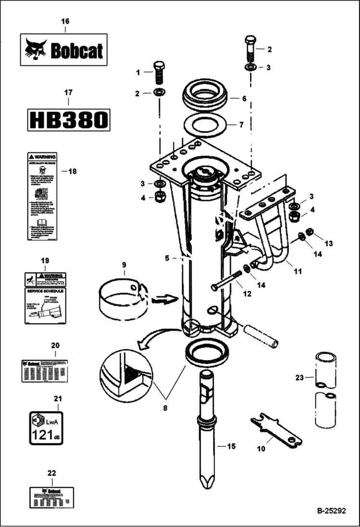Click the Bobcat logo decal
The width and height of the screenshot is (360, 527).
(x=63, y=49)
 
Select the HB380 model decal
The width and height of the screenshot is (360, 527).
(x=68, y=120)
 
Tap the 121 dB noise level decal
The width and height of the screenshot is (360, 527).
(x=47, y=428)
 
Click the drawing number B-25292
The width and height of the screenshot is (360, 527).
(x=331, y=511)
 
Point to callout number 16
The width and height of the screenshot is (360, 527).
(x=65, y=21)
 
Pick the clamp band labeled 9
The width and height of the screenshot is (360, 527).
(x=123, y=300)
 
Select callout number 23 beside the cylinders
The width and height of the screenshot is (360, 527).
(x=299, y=378)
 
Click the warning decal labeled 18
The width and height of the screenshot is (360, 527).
(x=42, y=196)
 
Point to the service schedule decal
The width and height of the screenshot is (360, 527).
(x=45, y=305)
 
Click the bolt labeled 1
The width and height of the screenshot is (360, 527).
(x=159, y=73)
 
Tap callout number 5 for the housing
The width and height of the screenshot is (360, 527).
(x=167, y=258)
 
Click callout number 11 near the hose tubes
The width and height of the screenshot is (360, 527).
(x=298, y=271)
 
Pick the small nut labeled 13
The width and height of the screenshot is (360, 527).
(x=310, y=232)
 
